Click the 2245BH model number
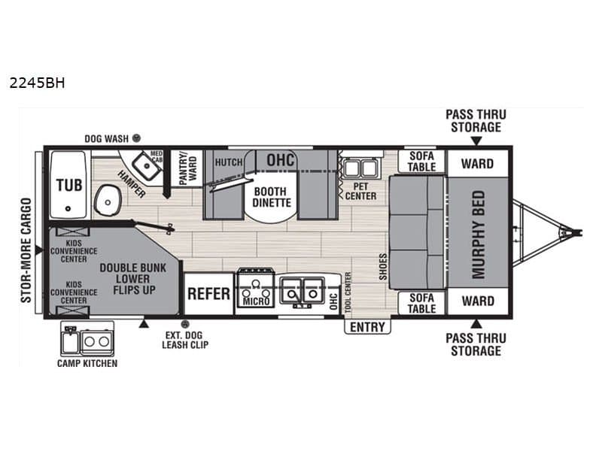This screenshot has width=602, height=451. click(37, 83)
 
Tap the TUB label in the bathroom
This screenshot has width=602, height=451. click(69, 185)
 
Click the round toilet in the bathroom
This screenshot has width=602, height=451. click(108, 200)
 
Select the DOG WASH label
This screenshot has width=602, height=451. click(106, 138)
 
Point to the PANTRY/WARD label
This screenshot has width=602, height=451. click(187, 168)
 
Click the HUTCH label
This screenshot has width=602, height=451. click(229, 162)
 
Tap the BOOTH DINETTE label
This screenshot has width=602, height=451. click(272, 197)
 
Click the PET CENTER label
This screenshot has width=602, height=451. click(361, 192)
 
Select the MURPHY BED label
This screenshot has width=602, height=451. click(479, 235)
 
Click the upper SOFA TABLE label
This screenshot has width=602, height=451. click(421, 162)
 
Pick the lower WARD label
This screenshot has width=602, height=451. click(478, 301)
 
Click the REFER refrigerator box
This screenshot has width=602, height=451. click(208, 294)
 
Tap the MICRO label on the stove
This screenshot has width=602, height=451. click(256, 301)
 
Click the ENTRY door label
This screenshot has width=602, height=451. click(367, 327)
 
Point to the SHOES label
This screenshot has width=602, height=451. click(383, 267)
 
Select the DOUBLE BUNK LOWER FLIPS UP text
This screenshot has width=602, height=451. click(133, 279)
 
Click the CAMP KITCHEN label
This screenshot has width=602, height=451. click(87, 363)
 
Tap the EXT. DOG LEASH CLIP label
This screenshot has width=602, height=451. click(185, 340)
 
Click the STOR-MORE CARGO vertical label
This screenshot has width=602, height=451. click(26, 250)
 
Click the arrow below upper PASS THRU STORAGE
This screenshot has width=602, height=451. click(476, 141)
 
